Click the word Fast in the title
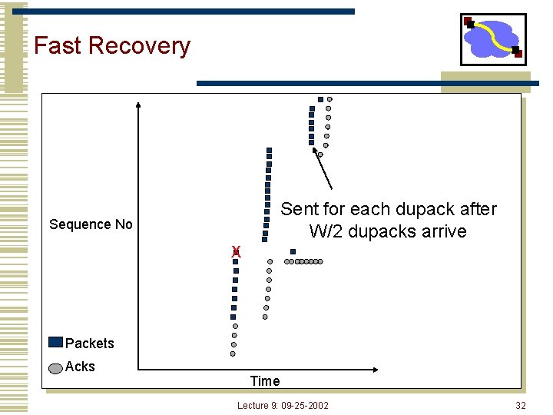tap(58, 45)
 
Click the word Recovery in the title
tap(139, 46)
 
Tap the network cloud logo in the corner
tap(493, 39)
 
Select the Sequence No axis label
tap(91, 224)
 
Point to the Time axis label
tap(265, 380)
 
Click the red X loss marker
tap(237, 251)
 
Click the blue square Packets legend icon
tap(55, 343)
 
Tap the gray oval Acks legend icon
tap(55, 367)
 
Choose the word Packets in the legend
tap(90, 344)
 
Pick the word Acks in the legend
tap(81, 367)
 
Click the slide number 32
tap(521, 405)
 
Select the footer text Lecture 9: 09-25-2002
tap(283, 405)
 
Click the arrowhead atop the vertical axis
tap(138, 105)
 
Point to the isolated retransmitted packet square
tap(293, 251)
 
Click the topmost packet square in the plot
tap(320, 99)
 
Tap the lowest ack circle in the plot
tap(233, 354)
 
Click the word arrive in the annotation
tap(442, 231)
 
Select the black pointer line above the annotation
tap(323, 170)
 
